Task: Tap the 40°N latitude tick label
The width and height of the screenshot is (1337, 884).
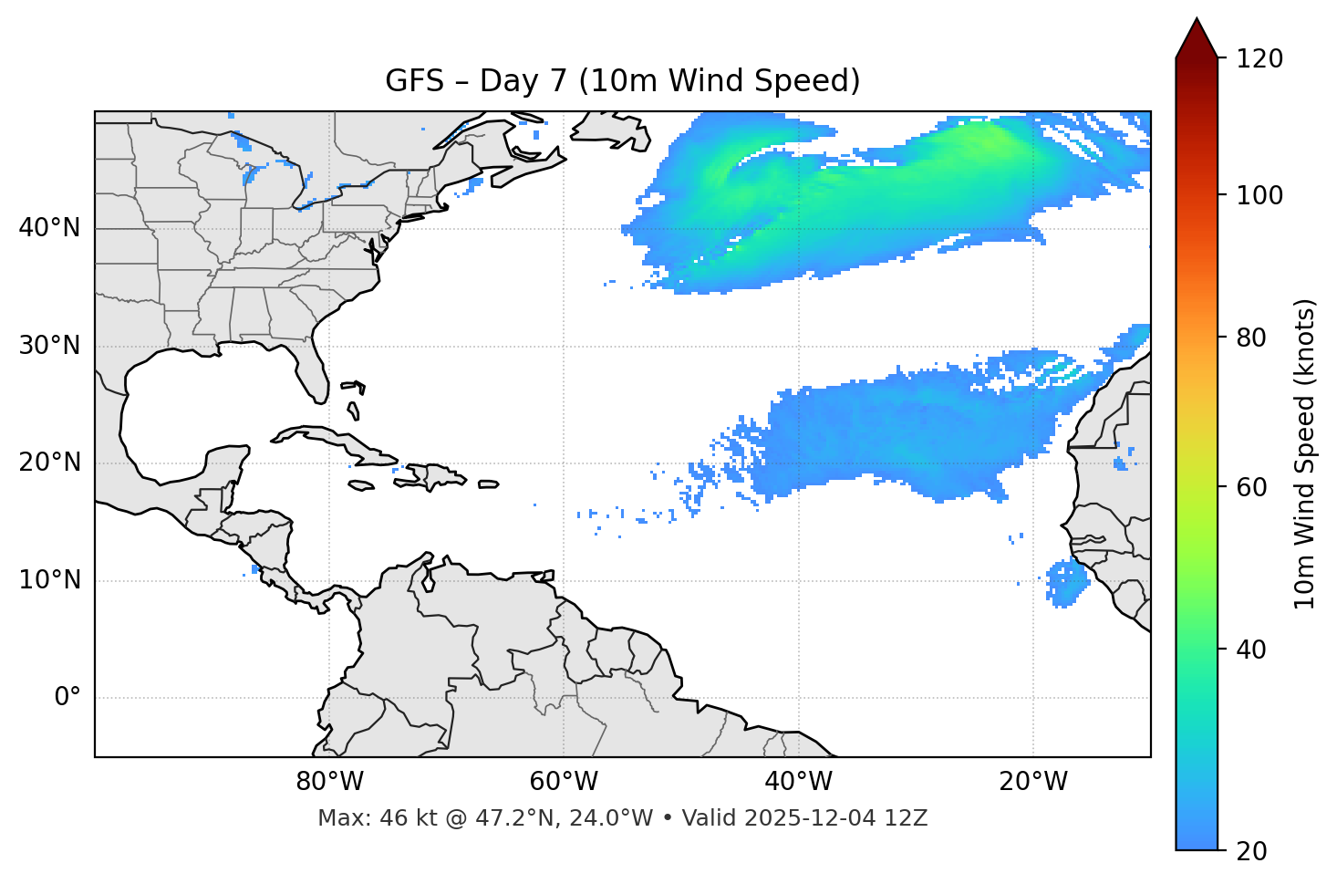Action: click(x=49, y=228)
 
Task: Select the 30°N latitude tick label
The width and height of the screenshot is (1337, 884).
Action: click(x=49, y=346)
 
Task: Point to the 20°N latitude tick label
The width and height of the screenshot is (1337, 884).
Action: click(x=49, y=463)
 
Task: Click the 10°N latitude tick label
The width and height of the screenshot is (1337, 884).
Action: click(x=49, y=580)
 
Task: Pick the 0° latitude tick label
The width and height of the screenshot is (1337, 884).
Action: click(x=67, y=698)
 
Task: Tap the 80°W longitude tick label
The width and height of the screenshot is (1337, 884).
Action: click(x=329, y=782)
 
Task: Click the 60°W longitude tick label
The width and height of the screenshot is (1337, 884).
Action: click(x=564, y=782)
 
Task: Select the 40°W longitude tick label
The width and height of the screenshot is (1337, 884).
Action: click(x=799, y=782)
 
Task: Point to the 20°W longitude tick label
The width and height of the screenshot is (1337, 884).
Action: click(x=1033, y=782)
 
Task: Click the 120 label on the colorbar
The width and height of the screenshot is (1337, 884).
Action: click(x=1259, y=59)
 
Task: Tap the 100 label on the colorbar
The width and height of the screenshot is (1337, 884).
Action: click(x=1259, y=195)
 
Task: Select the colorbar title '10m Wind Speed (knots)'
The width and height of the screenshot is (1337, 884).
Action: click(x=1305, y=453)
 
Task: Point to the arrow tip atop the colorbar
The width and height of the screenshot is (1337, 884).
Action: click(x=1197, y=20)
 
